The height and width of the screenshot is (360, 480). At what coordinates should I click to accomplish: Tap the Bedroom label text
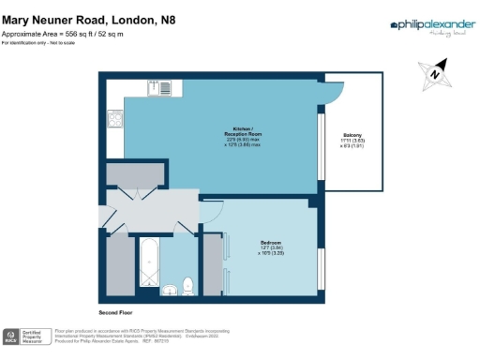272,243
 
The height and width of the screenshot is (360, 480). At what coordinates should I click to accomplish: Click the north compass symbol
435,73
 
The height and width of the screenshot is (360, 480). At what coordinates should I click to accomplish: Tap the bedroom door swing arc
210,213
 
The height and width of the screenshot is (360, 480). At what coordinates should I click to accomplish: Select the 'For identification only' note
37,44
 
